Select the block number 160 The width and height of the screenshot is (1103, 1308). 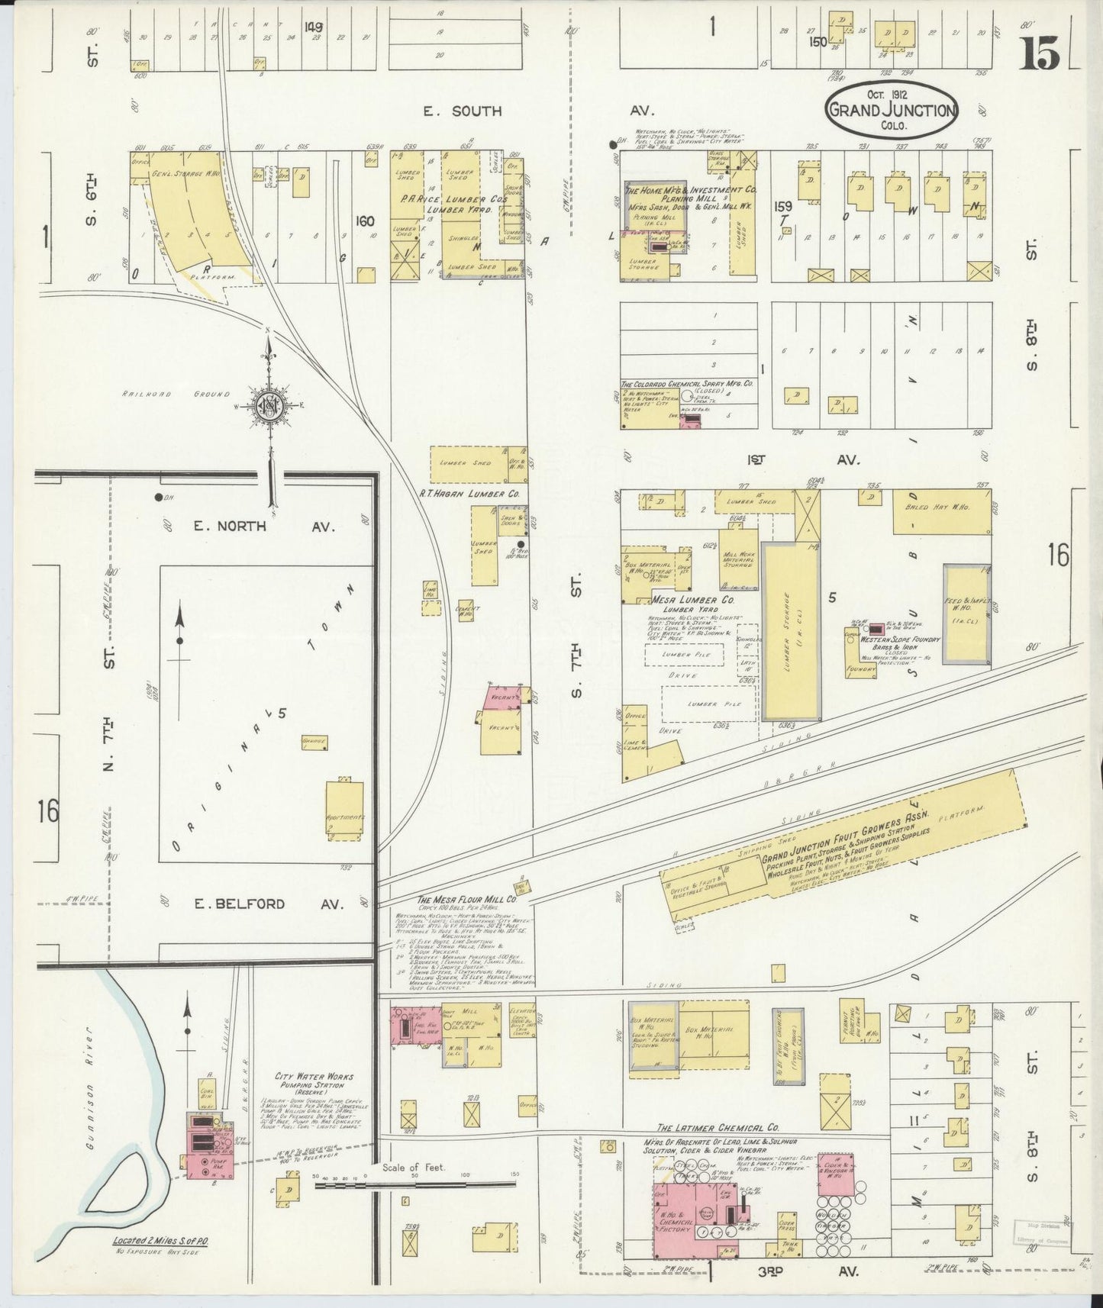pos(365,221)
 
